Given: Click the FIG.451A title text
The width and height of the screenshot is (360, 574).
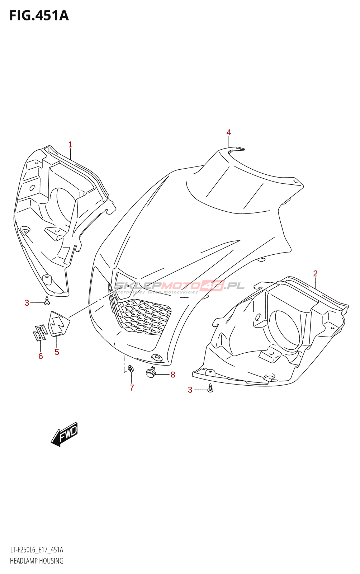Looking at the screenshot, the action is [39, 16].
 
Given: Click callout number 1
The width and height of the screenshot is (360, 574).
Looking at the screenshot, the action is [70, 145].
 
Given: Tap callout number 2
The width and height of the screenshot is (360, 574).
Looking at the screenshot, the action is [315, 273].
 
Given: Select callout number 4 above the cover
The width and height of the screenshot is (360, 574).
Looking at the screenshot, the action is [228, 132].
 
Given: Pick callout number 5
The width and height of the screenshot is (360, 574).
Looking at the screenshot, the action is [57, 352].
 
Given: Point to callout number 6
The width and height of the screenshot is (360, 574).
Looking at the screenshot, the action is [41, 356].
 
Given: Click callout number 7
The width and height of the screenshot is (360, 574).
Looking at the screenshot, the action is [132, 387].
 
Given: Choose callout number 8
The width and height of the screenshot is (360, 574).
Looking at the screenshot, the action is [172, 375].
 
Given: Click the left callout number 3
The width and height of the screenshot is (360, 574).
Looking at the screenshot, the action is [27, 303].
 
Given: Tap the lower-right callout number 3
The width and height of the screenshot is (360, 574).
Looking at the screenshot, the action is [190, 390].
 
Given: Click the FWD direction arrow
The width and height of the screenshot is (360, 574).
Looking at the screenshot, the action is [65, 434].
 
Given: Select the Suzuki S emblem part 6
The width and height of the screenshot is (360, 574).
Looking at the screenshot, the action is [39, 333].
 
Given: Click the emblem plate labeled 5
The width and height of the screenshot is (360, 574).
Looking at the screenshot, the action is [58, 324].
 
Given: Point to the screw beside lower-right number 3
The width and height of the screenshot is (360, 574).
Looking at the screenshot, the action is [210, 388].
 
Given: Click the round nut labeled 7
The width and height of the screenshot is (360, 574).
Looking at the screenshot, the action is [131, 368].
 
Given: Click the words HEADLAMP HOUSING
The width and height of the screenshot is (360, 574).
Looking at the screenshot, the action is [37, 561].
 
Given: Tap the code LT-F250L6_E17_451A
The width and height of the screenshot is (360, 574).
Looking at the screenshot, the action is [37, 550].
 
